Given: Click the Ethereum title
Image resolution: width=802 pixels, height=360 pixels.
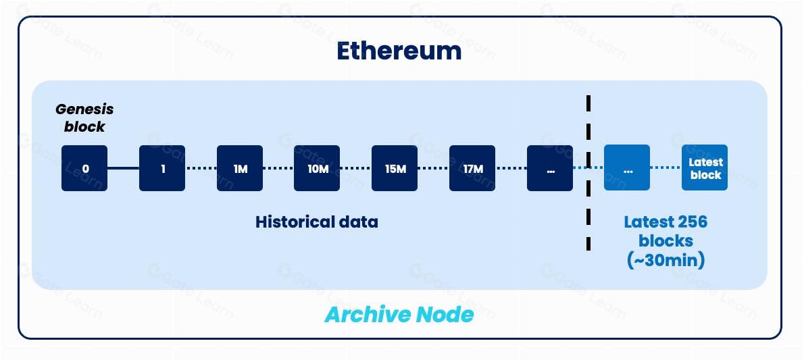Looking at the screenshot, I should click(399, 51).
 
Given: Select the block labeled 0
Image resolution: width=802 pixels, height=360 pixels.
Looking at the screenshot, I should click(84, 168).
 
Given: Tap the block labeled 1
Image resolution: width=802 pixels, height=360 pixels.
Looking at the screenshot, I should click(162, 168).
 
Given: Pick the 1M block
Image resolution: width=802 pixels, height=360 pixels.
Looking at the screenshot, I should click(240, 168).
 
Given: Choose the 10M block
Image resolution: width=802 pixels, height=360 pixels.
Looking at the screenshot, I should click(317, 168).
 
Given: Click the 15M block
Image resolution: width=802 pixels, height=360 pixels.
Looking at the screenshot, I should click(395, 168).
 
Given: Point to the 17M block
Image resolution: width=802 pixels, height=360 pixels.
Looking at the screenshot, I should click(472, 168).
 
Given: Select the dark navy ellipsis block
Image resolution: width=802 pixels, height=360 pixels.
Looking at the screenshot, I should click(550, 168).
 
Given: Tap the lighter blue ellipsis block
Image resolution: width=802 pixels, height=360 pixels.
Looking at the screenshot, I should click(627, 168).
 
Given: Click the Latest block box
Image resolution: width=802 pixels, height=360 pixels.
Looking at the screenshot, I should click(705, 168).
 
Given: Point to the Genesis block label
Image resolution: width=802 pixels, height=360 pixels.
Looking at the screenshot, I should click(84, 118).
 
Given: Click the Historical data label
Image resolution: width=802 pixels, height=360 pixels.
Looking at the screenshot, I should click(317, 222).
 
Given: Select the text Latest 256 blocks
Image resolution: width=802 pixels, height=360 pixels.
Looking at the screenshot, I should click(666, 231).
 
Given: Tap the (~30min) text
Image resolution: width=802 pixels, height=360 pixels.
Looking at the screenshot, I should click(666, 260).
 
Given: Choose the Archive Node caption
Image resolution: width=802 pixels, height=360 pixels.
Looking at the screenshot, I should click(399, 314).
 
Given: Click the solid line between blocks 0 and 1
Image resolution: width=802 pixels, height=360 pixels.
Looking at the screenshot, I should click(123, 168).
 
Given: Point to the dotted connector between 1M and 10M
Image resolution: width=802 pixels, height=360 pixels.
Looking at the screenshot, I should click(278, 168).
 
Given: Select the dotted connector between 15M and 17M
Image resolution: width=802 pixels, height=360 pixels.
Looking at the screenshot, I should click(433, 168).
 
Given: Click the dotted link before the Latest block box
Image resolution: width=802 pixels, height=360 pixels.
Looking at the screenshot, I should click(666, 168).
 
